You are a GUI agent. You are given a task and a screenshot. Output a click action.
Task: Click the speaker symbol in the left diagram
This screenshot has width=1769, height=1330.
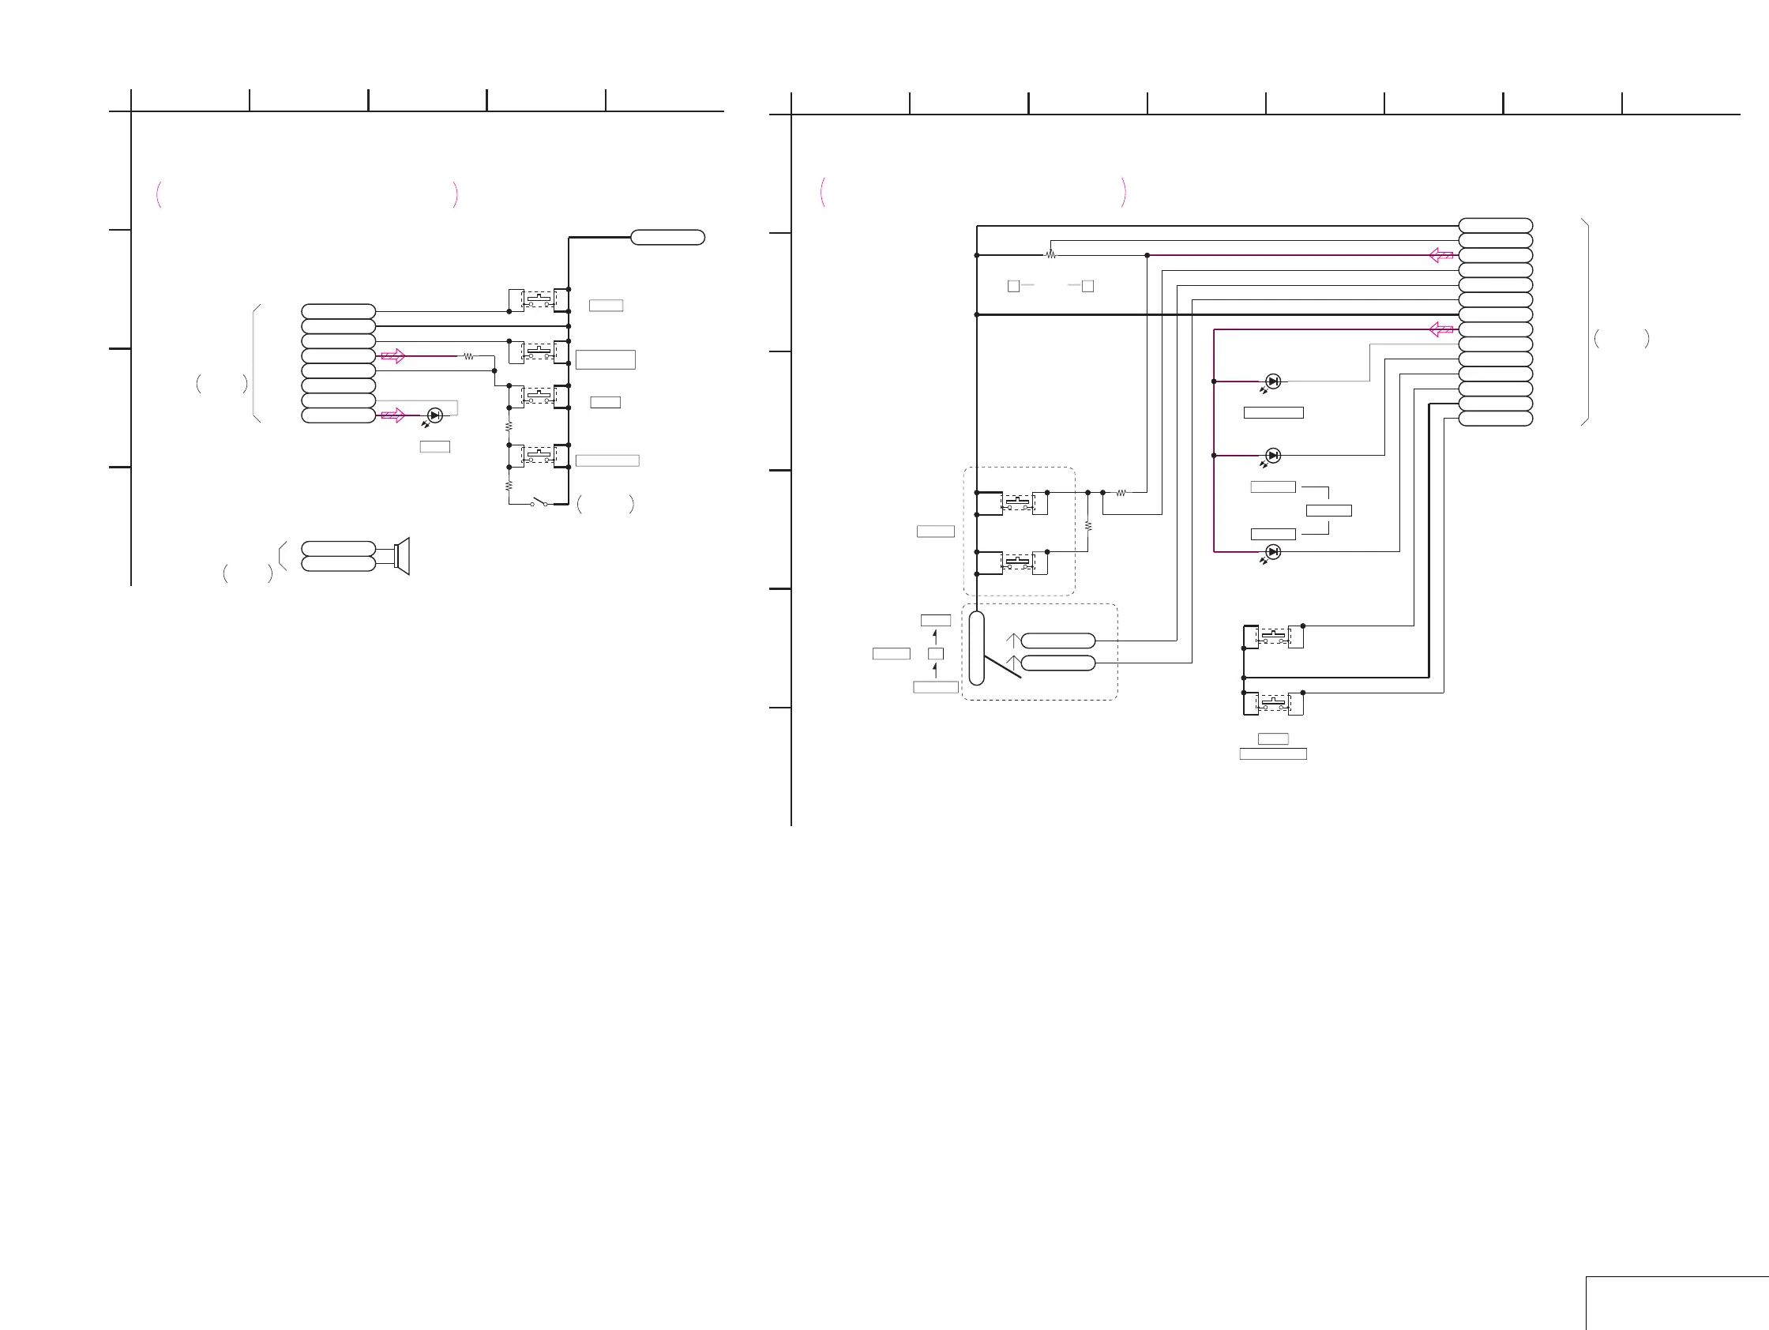coord(402,555)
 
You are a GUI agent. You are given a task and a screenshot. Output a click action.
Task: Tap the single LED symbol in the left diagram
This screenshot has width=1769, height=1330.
coord(434,415)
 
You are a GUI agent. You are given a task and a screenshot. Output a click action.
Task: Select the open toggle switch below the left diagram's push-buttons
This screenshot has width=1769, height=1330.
coord(540,503)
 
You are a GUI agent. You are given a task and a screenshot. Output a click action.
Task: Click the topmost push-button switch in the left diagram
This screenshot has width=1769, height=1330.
coord(539,300)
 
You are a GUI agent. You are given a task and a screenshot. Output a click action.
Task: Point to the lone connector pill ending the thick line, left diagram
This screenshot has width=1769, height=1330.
coord(668,238)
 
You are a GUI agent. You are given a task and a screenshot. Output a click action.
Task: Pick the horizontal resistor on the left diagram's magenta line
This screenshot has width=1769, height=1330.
coord(468,357)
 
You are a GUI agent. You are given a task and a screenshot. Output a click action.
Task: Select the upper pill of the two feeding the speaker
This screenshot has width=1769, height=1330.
coord(338,549)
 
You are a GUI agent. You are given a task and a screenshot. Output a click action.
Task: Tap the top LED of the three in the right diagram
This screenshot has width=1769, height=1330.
coord(1273,381)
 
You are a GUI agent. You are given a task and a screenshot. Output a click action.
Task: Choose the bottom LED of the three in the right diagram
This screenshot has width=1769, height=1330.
coord(1273,552)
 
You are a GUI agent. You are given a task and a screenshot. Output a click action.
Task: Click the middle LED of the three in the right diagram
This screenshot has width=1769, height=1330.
coord(1273,456)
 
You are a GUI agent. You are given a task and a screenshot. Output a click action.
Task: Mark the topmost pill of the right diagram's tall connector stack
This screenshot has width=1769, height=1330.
coord(1496,226)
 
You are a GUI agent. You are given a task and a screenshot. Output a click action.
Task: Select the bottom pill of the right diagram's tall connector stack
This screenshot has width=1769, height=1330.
coord(1496,419)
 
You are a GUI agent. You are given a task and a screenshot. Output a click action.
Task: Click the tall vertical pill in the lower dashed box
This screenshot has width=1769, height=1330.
coord(976,648)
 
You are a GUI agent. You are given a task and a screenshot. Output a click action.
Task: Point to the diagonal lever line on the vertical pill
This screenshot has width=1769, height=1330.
coord(1002,667)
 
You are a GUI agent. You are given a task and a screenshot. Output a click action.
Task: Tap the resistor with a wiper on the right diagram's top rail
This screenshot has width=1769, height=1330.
coord(1051,254)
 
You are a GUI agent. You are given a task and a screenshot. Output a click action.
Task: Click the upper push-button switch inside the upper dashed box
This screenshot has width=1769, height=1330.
coord(1018,503)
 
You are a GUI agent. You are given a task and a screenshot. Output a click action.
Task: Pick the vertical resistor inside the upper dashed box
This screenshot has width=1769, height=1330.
coord(1087,526)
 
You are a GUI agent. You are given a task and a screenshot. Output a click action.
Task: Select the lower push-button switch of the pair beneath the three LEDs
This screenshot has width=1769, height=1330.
coord(1273,704)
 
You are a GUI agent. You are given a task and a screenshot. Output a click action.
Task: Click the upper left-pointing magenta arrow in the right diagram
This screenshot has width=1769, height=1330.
coord(1441,255)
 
